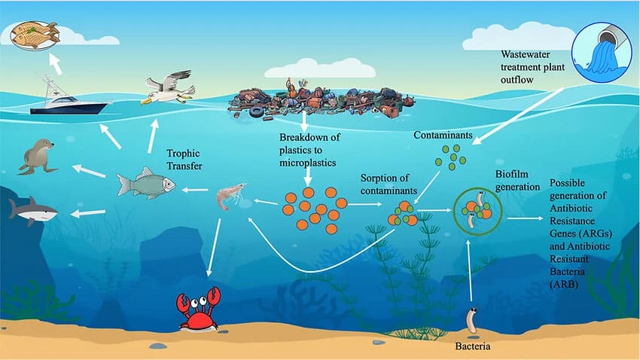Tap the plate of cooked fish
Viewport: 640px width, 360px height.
(x=35, y=33)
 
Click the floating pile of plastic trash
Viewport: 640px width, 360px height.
(x=320, y=100)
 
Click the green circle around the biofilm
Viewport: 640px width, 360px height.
(x=475, y=209)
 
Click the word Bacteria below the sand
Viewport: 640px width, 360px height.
(x=474, y=347)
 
